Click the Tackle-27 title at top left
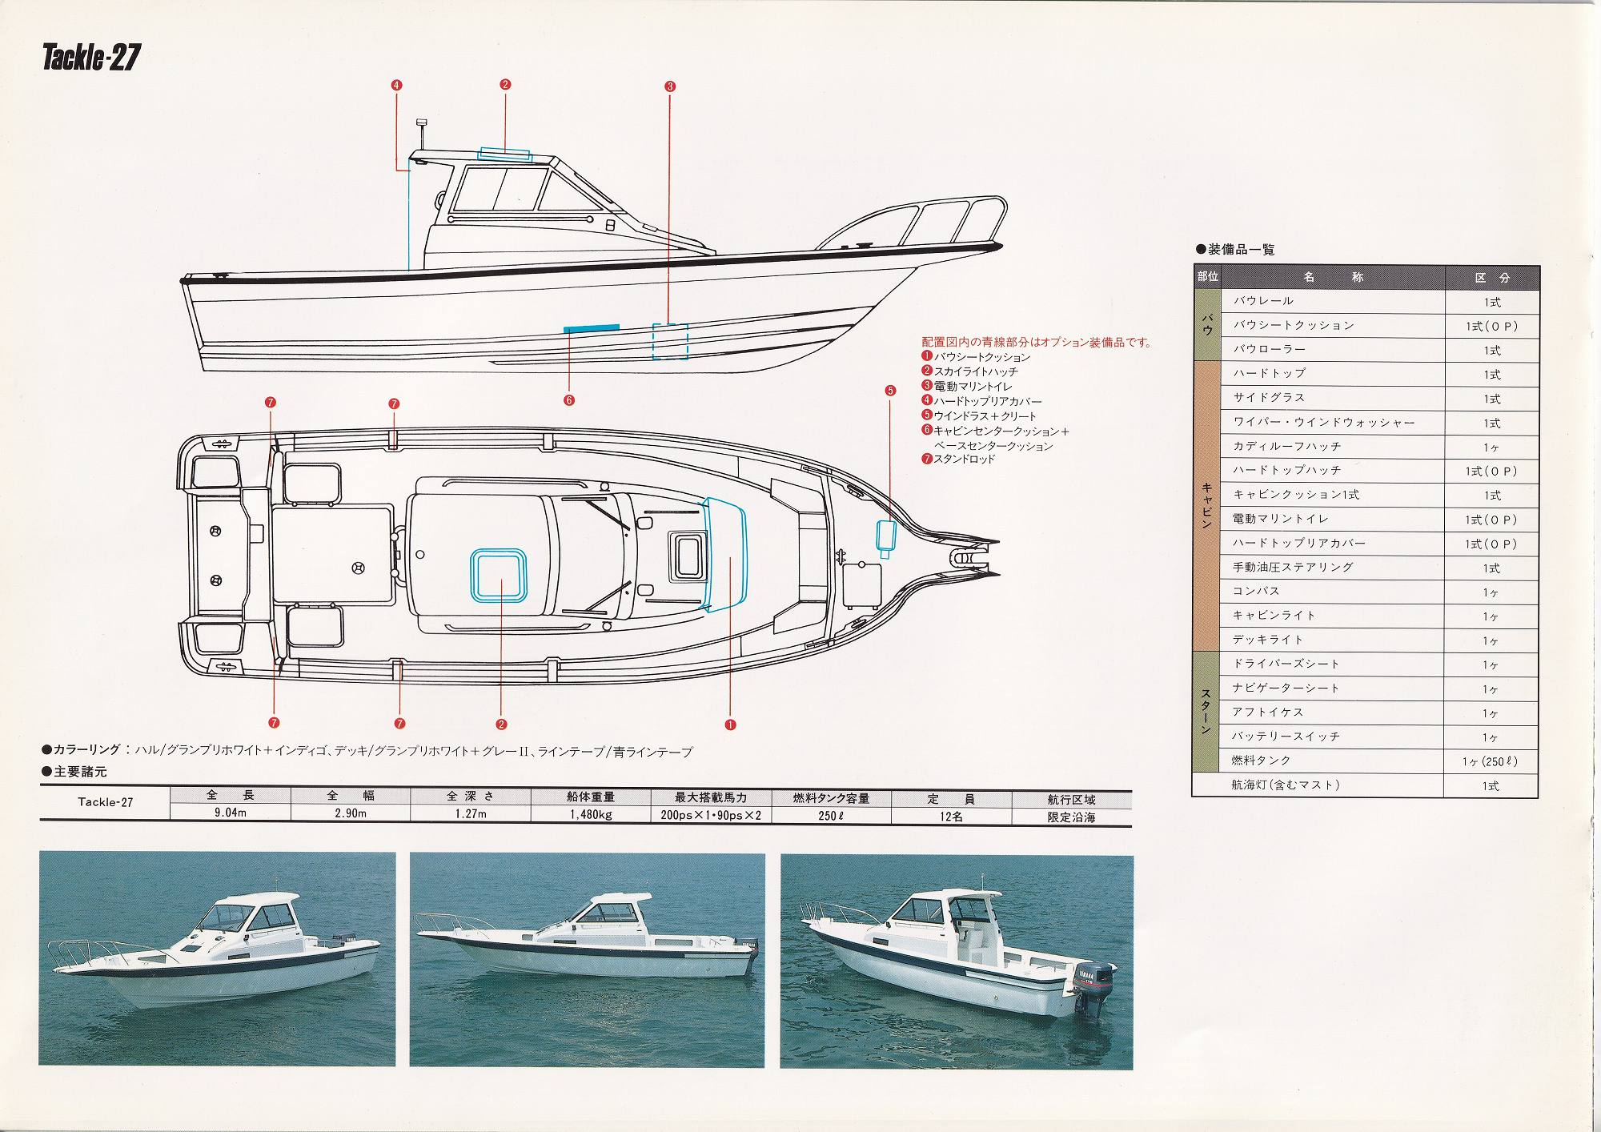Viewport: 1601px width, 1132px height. point(91,59)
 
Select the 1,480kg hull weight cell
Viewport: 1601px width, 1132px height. point(592,815)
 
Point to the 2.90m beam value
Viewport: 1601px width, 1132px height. point(350,815)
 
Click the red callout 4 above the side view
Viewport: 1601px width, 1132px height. point(397,85)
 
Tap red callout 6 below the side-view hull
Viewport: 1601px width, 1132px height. point(569,400)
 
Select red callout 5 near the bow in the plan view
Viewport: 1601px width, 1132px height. point(890,391)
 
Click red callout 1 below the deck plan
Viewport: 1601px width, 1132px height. point(730,725)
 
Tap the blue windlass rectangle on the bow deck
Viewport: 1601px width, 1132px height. point(886,538)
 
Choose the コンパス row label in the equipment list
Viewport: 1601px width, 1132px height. point(1256,591)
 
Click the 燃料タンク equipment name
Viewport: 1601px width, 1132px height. point(1262,761)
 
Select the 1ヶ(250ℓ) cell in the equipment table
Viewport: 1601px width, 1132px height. point(1490,761)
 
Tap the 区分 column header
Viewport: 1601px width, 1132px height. point(1492,278)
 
